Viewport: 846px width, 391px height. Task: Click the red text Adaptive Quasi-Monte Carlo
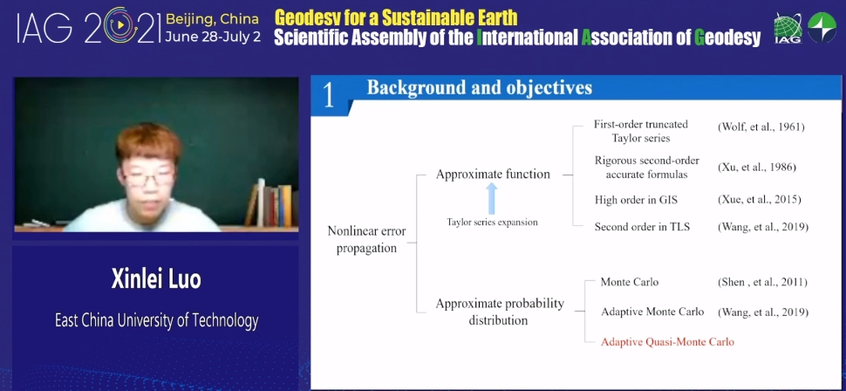click(667, 342)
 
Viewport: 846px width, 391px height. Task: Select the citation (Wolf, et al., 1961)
click(761, 127)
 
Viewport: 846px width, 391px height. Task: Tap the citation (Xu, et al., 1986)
click(756, 168)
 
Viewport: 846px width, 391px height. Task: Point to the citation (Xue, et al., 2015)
click(759, 200)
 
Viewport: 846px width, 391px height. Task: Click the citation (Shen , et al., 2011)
click(761, 282)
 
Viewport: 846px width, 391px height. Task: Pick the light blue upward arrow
click(491, 198)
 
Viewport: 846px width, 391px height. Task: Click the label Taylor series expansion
click(492, 222)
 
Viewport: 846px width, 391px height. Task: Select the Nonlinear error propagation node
click(367, 240)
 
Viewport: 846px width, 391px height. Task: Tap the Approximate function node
click(493, 175)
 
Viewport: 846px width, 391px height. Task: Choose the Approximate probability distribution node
click(500, 312)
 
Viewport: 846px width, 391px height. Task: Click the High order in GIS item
click(636, 200)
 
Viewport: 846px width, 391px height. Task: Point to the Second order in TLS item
click(642, 227)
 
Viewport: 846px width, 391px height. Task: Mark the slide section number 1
click(329, 97)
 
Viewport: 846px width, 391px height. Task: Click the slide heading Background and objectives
click(480, 87)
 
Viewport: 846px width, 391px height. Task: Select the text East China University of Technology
click(156, 321)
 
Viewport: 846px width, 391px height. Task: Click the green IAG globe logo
click(788, 29)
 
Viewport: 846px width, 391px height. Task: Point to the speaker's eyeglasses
click(148, 178)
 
